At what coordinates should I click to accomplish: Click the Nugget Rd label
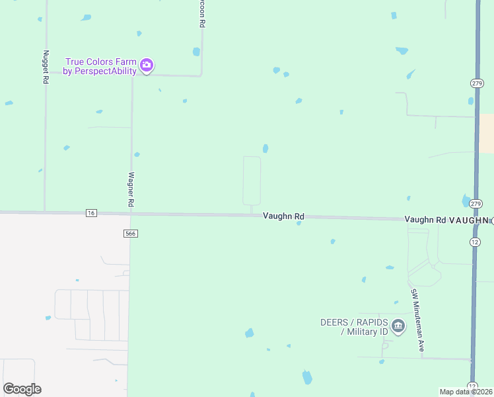(x=46, y=67)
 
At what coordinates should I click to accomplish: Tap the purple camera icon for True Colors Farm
(x=147, y=66)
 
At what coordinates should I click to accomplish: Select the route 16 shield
(x=91, y=212)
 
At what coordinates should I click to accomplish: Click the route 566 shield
(x=130, y=234)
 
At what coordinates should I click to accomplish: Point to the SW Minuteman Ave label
(x=417, y=320)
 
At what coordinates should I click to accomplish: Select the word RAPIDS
(x=371, y=322)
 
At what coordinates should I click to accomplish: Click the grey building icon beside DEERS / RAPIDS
(x=398, y=326)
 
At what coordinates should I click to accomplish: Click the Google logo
(x=22, y=389)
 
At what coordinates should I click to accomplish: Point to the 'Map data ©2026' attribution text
(x=466, y=392)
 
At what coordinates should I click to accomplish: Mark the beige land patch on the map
(x=485, y=133)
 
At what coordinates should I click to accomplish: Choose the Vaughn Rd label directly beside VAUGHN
(x=425, y=220)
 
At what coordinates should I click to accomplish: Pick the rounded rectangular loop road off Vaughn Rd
(x=252, y=181)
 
